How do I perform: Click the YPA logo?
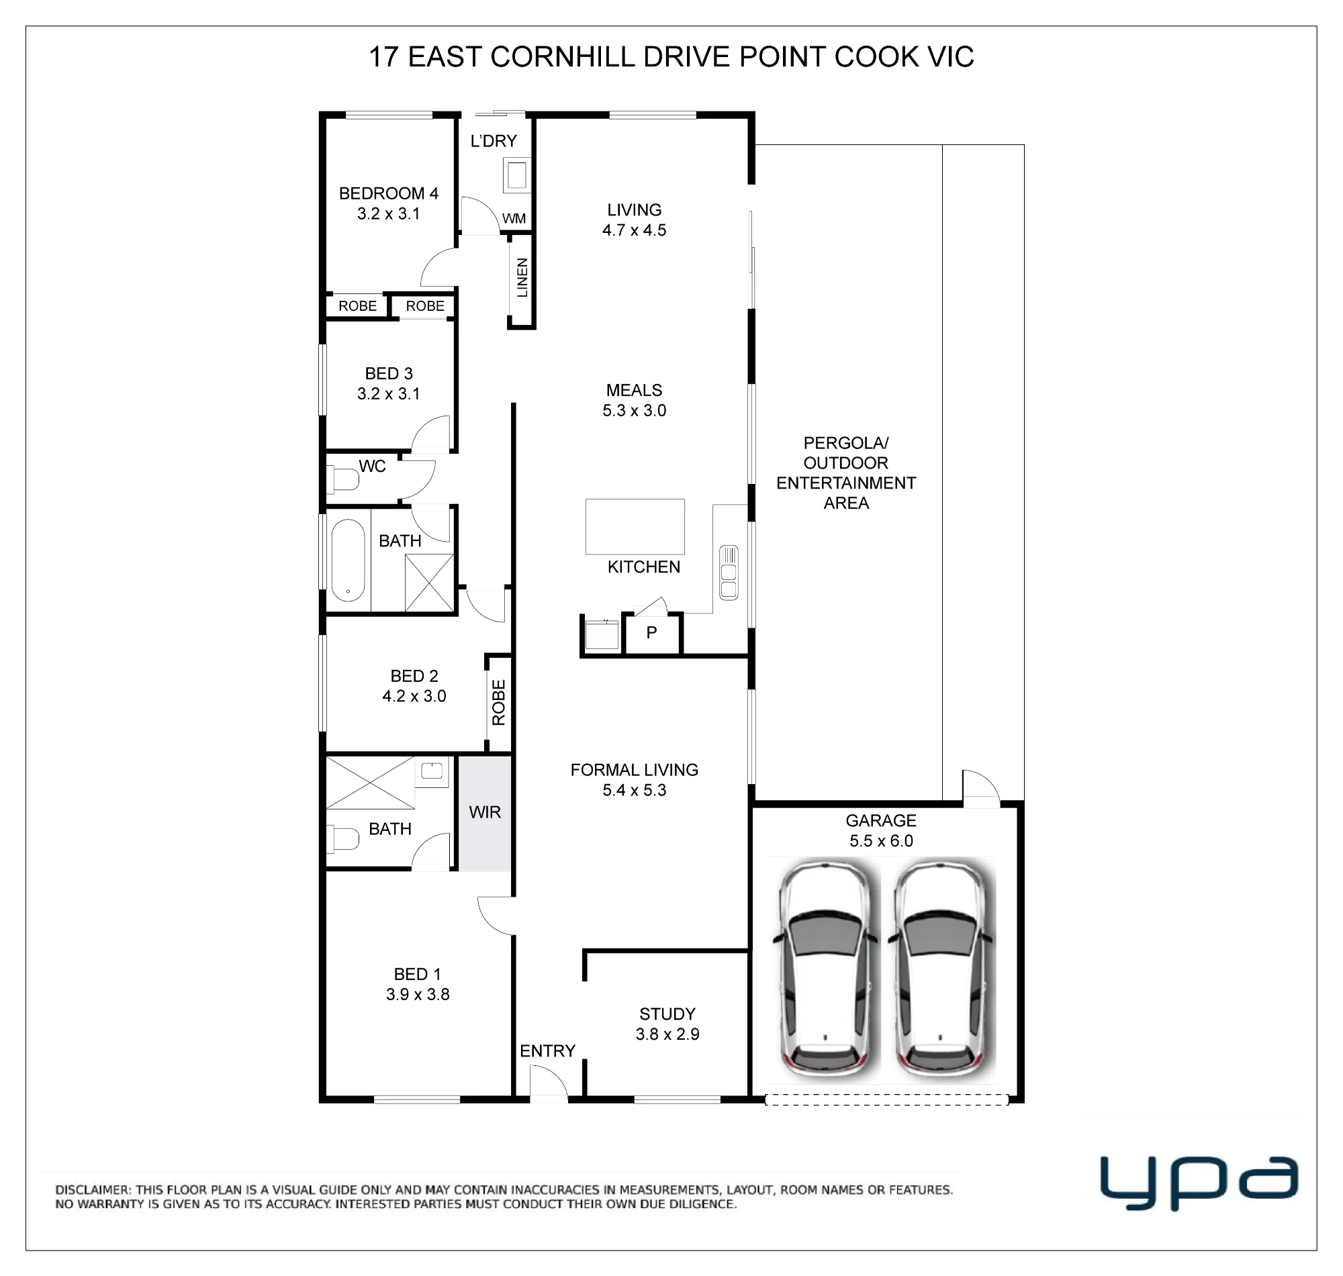(x=1199, y=1183)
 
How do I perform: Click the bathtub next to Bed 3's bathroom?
(x=348, y=560)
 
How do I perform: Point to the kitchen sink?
(x=729, y=572)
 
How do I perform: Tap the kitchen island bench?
(x=635, y=526)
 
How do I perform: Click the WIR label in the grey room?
(x=484, y=812)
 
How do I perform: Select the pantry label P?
(x=652, y=632)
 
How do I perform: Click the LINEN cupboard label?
(x=522, y=277)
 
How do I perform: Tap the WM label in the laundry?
(x=514, y=218)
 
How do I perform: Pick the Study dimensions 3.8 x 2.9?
(x=667, y=1034)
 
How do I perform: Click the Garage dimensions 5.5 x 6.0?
(x=881, y=840)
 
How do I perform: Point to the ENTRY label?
(x=548, y=1051)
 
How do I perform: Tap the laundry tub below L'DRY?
(x=516, y=175)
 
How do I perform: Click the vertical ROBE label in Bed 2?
(x=499, y=703)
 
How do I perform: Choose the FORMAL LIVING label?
(x=634, y=770)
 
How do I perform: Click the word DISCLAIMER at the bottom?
(x=93, y=1189)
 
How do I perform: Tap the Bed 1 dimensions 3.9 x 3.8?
(x=418, y=994)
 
